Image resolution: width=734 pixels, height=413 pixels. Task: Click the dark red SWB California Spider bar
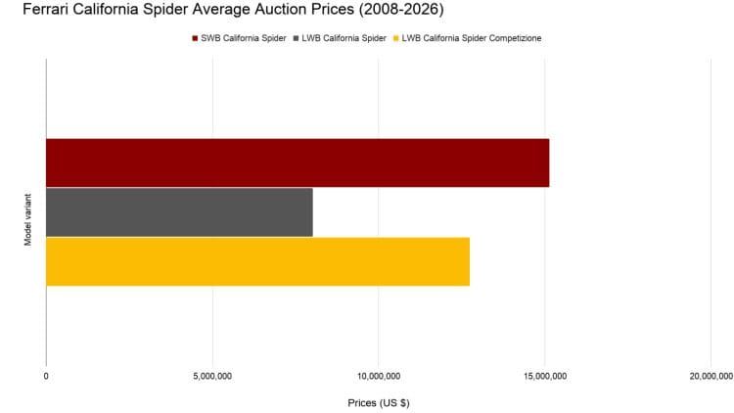tap(298, 162)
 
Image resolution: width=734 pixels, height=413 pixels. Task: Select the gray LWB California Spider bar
tap(179, 211)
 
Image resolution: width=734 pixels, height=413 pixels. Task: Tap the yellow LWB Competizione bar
tap(257, 261)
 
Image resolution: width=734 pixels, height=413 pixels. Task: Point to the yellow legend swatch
tap(397, 38)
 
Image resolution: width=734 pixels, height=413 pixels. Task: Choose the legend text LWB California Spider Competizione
tap(472, 38)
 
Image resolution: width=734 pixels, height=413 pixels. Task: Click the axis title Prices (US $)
tap(379, 402)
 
